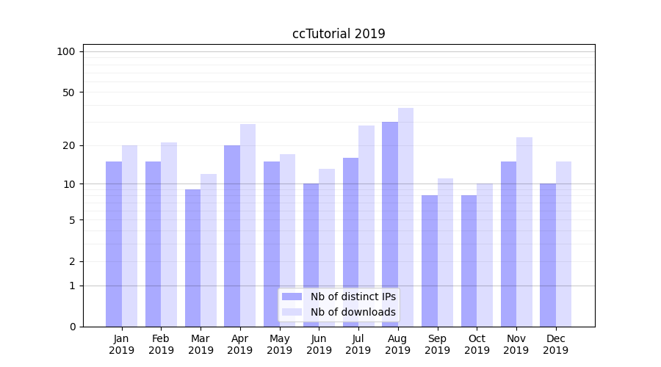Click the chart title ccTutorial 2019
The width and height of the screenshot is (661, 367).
click(339, 34)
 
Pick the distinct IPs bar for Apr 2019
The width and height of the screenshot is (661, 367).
click(232, 236)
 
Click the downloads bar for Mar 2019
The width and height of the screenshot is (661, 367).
click(209, 250)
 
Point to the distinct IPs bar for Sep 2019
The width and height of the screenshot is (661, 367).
click(430, 261)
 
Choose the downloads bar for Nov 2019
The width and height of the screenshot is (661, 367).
click(524, 232)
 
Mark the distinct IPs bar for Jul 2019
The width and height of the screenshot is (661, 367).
click(350, 242)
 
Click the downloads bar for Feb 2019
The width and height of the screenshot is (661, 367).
click(169, 234)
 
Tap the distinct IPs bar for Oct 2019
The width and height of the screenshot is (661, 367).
click(469, 261)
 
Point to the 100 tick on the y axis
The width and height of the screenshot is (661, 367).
click(66, 51)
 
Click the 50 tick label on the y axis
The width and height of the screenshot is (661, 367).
click(69, 92)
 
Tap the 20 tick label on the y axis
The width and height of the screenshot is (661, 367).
click(69, 145)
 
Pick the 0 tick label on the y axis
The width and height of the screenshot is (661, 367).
click(72, 327)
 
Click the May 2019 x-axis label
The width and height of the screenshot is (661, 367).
click(280, 344)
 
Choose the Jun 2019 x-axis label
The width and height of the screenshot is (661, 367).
click(319, 344)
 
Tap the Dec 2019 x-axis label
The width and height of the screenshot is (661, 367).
click(555, 344)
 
